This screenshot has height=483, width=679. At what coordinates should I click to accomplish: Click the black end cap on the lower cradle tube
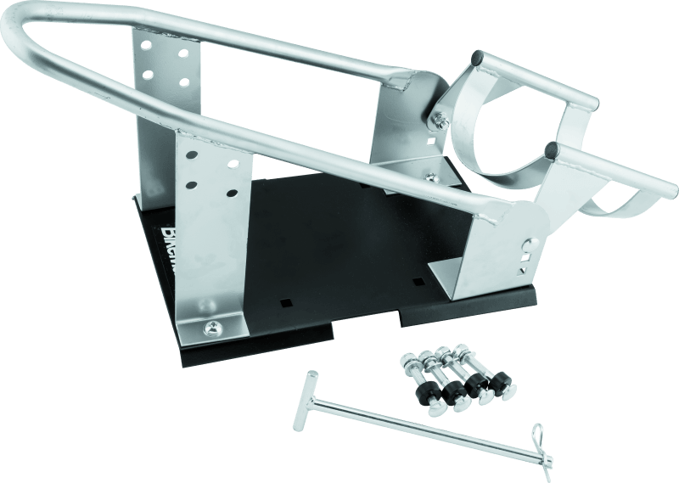tap(553, 150)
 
